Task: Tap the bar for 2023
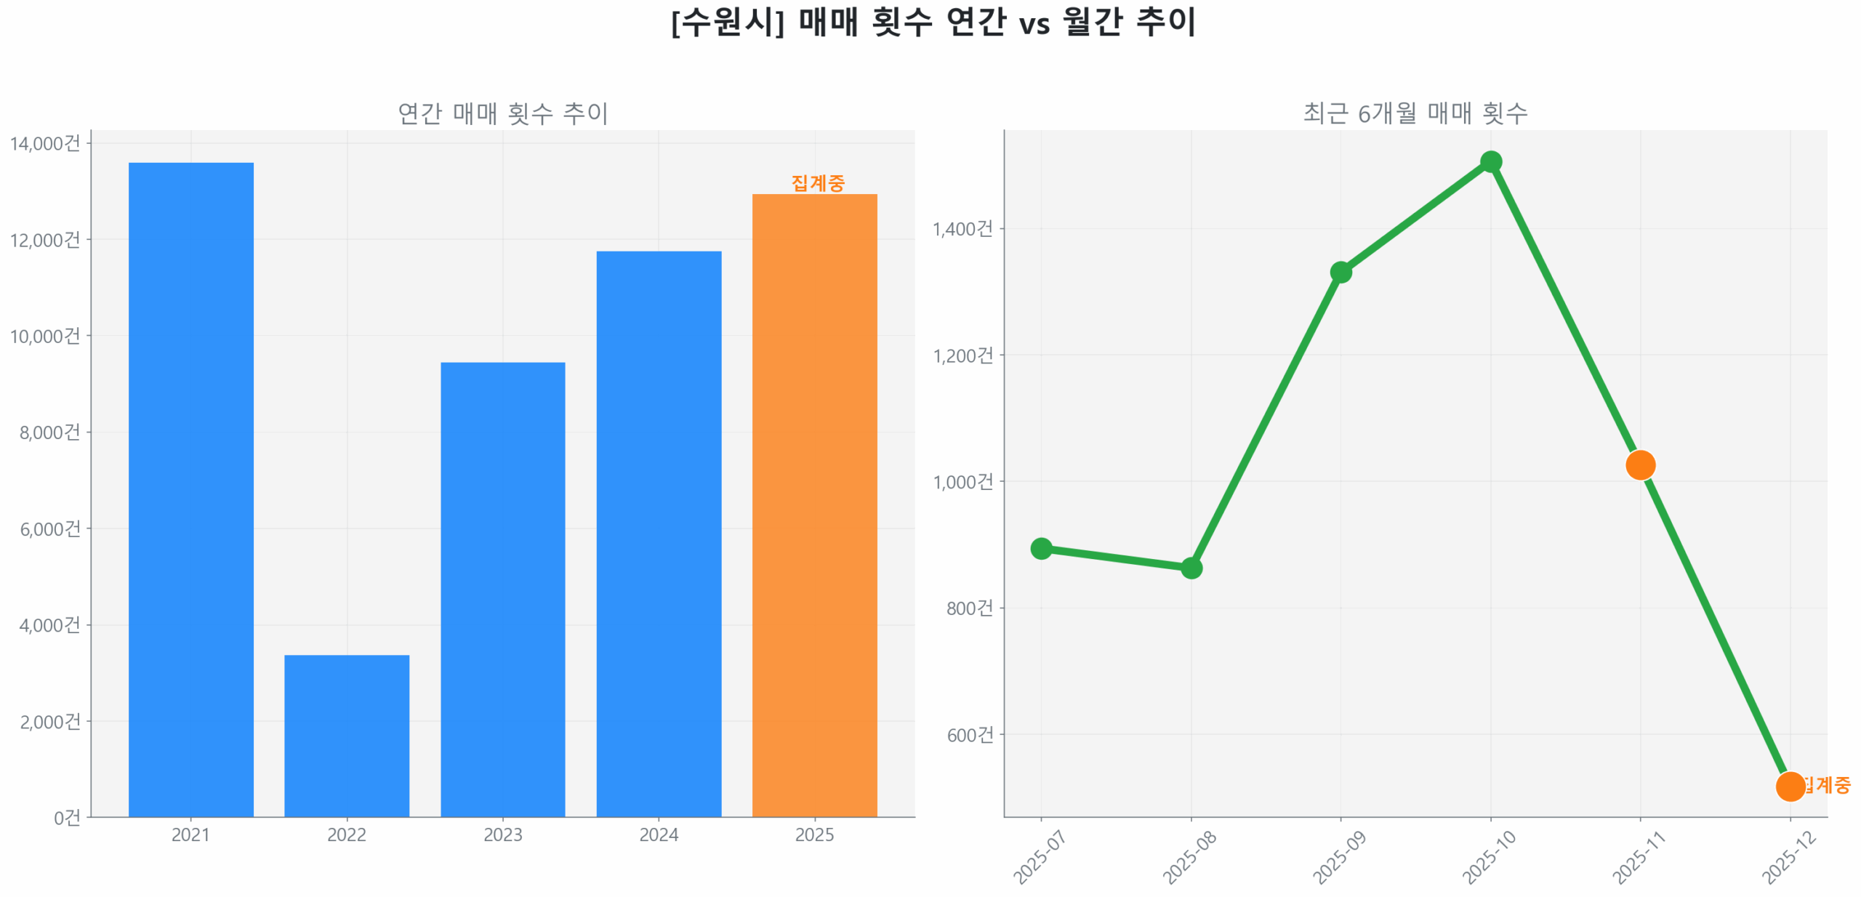coord(502,589)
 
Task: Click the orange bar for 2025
coord(813,504)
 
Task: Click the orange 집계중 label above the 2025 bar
coord(817,182)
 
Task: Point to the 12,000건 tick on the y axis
coord(45,239)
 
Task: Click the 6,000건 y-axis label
coord(49,528)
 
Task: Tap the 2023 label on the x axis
coord(502,834)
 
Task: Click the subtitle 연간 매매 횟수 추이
coord(502,113)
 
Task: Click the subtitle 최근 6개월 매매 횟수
coord(1414,113)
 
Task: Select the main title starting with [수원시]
coord(933,22)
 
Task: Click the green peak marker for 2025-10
coord(1490,161)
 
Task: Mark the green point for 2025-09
coord(1340,272)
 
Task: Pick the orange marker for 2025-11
coord(1639,464)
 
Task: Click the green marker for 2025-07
coord(1040,547)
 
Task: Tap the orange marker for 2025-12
coord(1789,785)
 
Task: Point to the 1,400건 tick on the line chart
coord(962,228)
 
